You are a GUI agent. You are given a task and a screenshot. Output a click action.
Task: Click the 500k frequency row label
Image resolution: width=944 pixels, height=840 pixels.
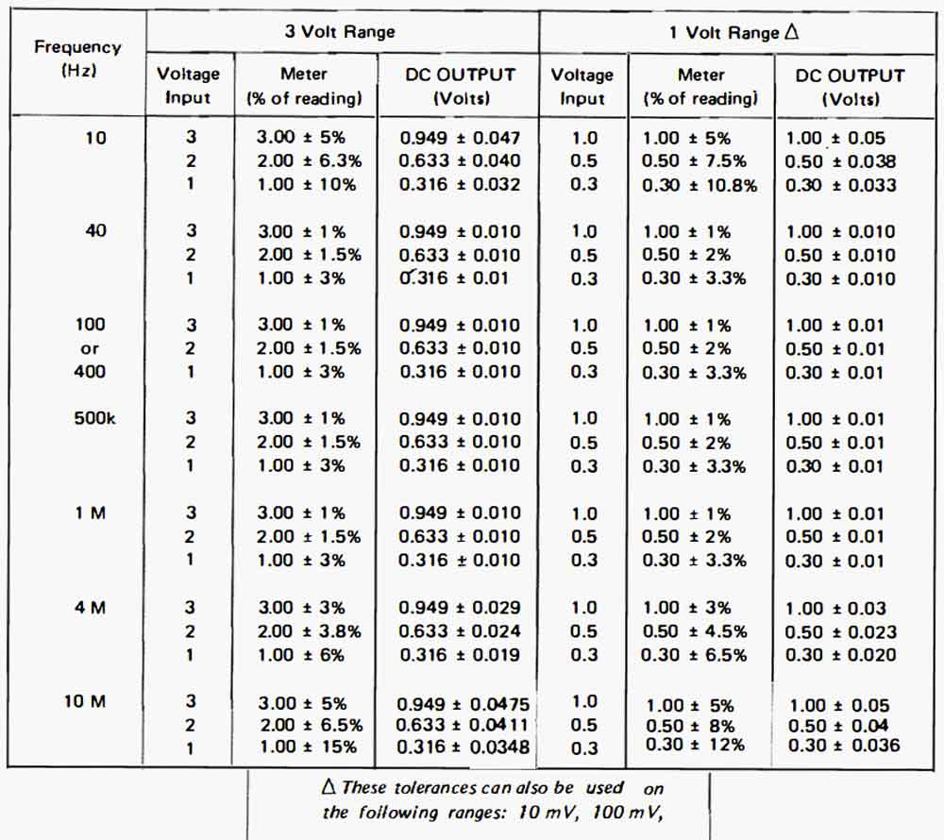tap(94, 418)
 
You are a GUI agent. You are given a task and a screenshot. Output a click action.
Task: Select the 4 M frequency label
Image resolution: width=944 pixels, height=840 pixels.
tap(91, 608)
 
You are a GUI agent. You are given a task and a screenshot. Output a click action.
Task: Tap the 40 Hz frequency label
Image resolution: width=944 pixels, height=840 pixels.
tap(95, 230)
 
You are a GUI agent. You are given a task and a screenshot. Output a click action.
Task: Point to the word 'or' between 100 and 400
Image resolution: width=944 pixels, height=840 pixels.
tap(89, 349)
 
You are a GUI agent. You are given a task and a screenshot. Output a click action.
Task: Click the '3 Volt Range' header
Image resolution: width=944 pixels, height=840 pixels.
tap(340, 31)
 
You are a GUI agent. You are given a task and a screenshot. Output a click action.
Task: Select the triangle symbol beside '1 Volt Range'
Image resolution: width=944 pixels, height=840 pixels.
tap(792, 31)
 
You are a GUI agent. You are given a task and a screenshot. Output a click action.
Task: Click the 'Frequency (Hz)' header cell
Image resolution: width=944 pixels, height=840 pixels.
tap(77, 59)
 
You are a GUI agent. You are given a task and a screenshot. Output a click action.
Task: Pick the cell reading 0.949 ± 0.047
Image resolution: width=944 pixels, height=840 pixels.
tap(460, 138)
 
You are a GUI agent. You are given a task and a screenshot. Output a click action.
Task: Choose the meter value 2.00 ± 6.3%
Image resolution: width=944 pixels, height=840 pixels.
tap(310, 161)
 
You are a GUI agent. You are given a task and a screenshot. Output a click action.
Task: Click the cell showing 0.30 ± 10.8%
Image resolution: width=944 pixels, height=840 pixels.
tap(699, 185)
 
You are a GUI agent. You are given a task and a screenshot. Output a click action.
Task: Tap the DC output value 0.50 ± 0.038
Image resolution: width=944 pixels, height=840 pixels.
tap(840, 161)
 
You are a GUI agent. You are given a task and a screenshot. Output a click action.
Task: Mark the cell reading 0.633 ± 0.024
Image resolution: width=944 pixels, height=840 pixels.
tap(460, 631)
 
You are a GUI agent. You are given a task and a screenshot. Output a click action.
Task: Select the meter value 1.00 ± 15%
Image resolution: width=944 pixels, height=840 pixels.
tap(309, 748)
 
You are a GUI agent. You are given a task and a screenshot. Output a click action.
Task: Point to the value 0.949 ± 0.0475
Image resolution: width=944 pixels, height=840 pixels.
tap(463, 704)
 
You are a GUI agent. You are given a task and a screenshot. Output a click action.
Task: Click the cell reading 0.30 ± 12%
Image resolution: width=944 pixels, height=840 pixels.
tap(695, 745)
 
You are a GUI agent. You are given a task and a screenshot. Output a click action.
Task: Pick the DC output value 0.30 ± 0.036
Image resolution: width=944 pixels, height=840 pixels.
tap(844, 746)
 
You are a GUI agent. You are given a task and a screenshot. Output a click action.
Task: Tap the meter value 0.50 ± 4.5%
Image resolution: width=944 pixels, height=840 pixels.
tap(695, 631)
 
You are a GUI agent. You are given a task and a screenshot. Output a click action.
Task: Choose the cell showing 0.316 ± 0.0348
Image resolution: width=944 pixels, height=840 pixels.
tap(463, 748)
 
